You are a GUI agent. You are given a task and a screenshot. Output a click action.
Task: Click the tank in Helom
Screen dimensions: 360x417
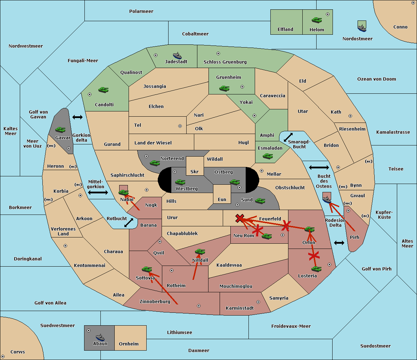317,20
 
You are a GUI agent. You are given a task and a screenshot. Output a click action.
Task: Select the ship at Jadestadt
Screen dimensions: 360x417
177,56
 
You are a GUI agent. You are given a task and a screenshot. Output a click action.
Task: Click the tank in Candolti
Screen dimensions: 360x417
103,90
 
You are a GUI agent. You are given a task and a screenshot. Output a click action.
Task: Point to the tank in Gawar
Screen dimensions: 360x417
60,129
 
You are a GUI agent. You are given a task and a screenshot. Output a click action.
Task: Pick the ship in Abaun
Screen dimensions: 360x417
100,337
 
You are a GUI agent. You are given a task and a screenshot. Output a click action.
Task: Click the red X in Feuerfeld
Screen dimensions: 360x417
240,218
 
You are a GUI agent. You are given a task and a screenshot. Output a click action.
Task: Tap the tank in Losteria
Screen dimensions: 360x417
316,269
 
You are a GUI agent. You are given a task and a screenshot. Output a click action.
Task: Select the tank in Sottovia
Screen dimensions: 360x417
147,269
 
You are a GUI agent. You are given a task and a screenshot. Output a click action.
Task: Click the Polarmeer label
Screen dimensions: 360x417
141,11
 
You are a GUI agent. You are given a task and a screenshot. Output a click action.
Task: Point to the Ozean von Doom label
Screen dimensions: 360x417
377,79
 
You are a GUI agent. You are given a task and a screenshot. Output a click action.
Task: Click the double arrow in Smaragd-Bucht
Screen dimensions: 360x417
288,137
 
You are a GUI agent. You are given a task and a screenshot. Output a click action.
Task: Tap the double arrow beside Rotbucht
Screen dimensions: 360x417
129,223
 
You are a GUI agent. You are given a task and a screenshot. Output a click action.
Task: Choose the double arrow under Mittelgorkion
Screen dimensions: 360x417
98,192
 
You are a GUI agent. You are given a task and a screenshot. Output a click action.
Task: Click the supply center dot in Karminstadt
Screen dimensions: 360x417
258,302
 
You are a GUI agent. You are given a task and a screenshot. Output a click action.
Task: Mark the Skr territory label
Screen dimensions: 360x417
195,172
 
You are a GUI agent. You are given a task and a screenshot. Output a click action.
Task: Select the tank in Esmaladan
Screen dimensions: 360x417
268,156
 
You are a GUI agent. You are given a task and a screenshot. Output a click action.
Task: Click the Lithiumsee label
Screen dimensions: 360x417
180,333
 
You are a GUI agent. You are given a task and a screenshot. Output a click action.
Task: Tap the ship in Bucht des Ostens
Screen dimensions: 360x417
327,199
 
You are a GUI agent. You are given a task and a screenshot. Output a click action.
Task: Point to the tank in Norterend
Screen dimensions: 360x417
155,163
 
